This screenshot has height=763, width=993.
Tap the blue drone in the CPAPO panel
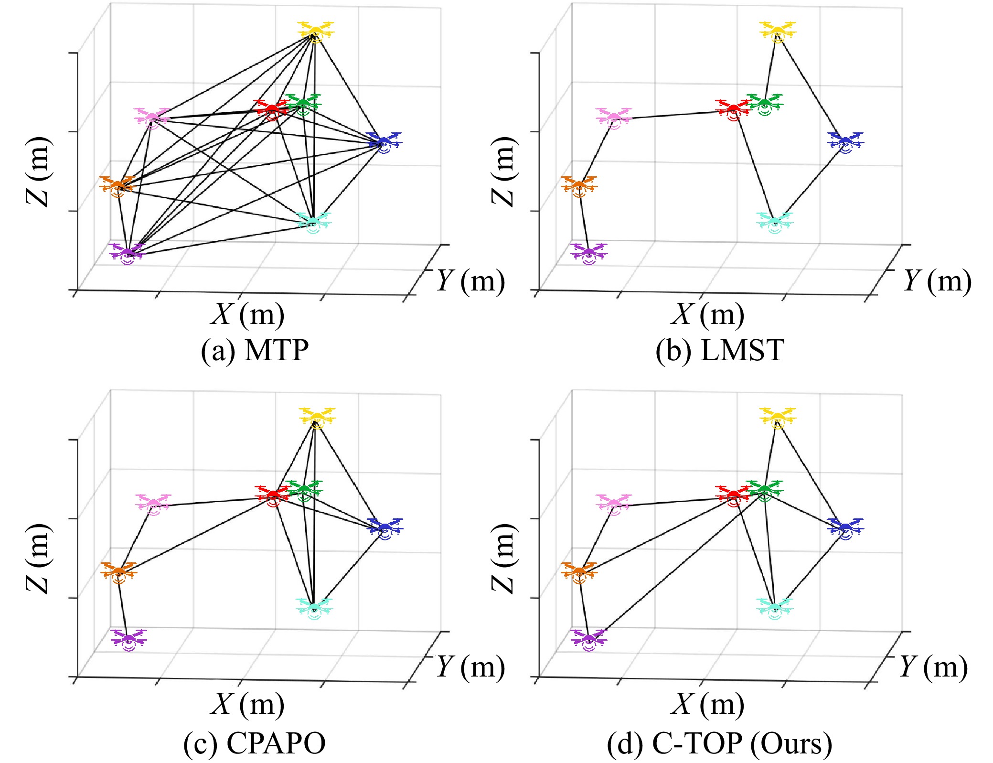(x=385, y=528)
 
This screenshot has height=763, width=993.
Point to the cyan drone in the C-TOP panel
(x=774, y=608)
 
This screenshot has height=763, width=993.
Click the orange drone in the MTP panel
(x=117, y=186)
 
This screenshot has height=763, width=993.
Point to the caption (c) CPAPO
(x=255, y=743)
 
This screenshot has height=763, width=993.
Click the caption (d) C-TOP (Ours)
(x=719, y=743)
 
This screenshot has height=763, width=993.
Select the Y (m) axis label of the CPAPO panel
(x=470, y=666)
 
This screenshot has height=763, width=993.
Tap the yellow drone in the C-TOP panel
(x=777, y=418)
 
